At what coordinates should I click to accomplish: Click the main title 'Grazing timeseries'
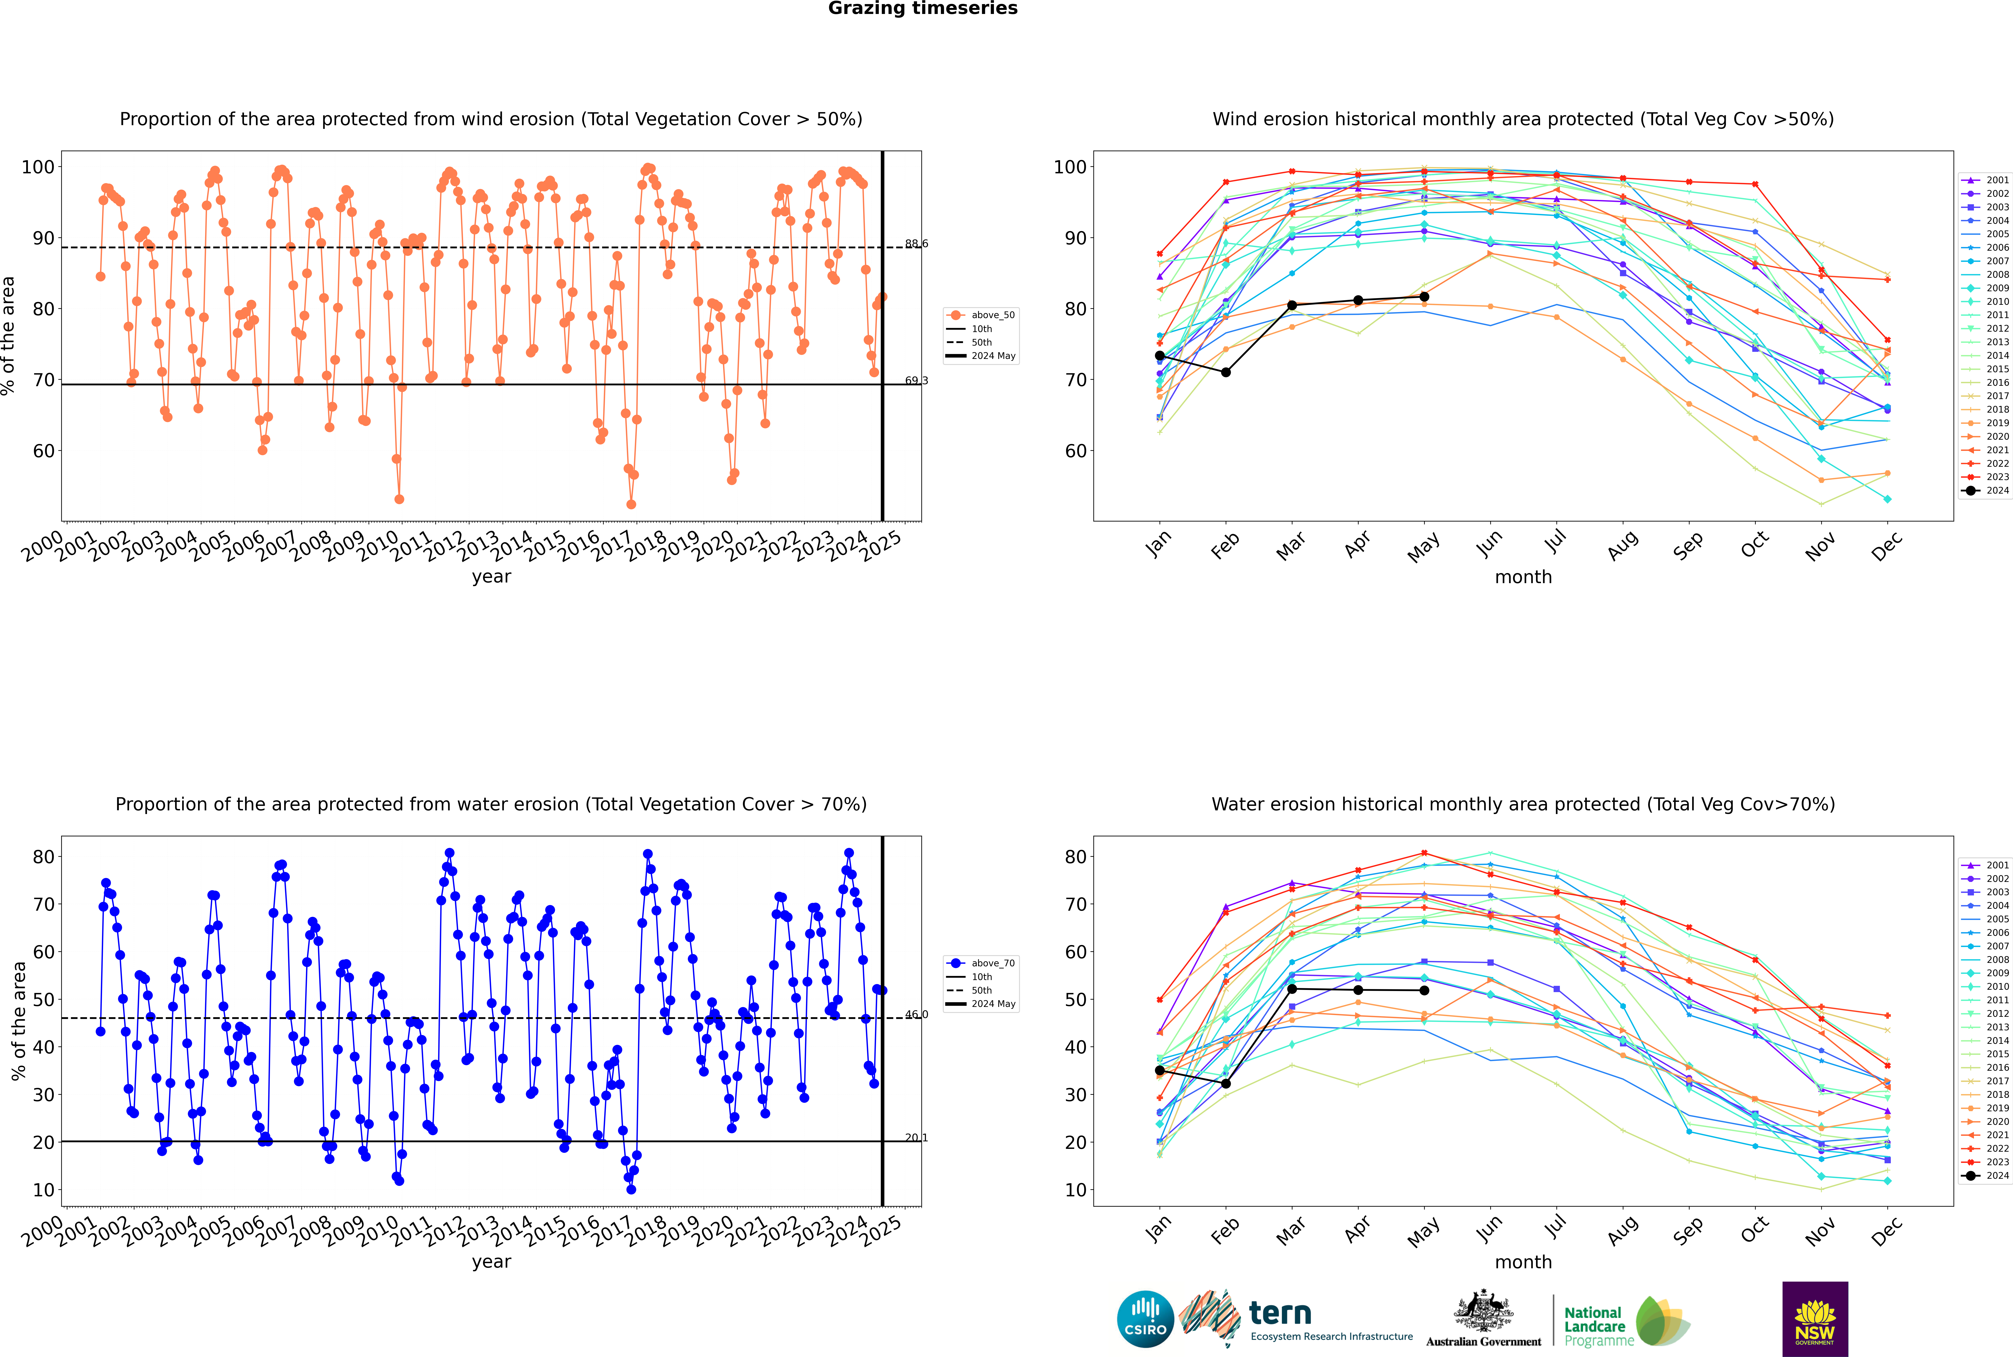[x=923, y=9]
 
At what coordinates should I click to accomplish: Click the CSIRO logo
[x=1145, y=1319]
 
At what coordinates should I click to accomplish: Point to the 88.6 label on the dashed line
[x=916, y=244]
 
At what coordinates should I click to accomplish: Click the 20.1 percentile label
[x=916, y=1138]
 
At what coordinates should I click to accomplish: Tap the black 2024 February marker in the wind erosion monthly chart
[x=1225, y=372]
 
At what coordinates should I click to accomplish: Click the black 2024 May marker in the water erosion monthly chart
[x=1425, y=990]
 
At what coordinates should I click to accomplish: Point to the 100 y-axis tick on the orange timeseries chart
[x=38, y=167]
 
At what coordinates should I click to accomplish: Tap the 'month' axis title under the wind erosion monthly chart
[x=1523, y=577]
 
